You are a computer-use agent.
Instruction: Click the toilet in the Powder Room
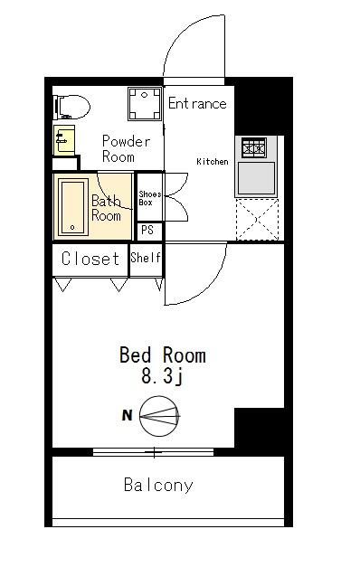pos(71,107)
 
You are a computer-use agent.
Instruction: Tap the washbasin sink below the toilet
pos(64,140)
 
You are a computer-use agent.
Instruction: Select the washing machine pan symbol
pos(145,104)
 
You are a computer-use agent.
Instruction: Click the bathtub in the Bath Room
pos(74,207)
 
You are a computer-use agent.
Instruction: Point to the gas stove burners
pos(254,147)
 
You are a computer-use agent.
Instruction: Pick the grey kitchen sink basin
pos(256,178)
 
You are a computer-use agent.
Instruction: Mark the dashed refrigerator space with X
pos(257,220)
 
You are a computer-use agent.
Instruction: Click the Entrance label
pos(197,104)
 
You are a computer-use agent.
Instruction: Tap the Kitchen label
pos(213,162)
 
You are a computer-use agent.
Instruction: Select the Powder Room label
pos(126,148)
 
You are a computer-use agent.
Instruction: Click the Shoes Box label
pos(150,199)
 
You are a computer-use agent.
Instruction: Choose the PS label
pos(147,230)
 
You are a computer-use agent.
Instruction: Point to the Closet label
pos(90,259)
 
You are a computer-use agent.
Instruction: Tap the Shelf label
pos(146,258)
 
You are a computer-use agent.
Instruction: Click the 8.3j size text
pos(162,377)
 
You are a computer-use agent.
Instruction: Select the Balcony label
pos(158,485)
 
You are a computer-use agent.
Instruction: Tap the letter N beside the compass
pos(127,415)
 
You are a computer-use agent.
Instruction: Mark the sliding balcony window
pos(154,452)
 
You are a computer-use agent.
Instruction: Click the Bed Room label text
pos(163,355)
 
